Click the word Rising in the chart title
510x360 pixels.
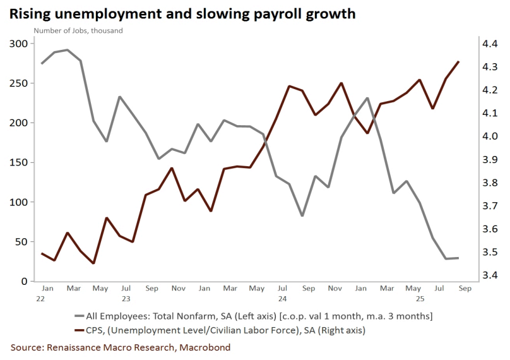tap(30, 13)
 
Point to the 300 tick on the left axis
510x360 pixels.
tap(19, 44)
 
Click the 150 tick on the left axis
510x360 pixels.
tap(19, 162)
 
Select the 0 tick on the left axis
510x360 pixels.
tap(25, 281)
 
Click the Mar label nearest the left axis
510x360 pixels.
tap(74, 289)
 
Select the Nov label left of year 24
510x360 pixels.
tap(178, 289)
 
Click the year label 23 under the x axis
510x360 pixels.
tap(126, 297)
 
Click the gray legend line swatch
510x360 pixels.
tap(80, 316)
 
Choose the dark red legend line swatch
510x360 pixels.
tap(80, 329)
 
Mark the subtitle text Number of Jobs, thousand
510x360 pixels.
tap(78, 30)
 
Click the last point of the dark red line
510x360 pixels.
tap(458, 62)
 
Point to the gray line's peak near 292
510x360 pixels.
tap(68, 50)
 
